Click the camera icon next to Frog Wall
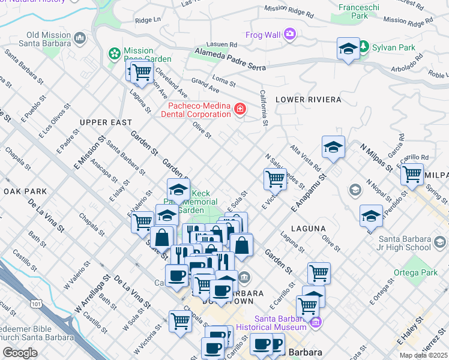pyautogui.click(x=291, y=34)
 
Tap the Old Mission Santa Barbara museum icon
pyautogui.click(x=80, y=39)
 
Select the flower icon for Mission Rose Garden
pyautogui.click(x=114, y=54)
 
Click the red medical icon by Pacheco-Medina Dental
pyautogui.click(x=240, y=109)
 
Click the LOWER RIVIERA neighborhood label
pyautogui.click(x=308, y=100)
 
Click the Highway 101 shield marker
pyautogui.click(x=37, y=304)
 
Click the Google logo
pyautogui.click(x=20, y=353)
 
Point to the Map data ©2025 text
pyautogui.click(x=423, y=355)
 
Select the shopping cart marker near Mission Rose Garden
pyautogui.click(x=142, y=71)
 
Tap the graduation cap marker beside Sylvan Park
pyautogui.click(x=348, y=49)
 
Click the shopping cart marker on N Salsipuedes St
pyautogui.click(x=275, y=178)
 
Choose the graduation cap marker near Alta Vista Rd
pyautogui.click(x=333, y=147)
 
